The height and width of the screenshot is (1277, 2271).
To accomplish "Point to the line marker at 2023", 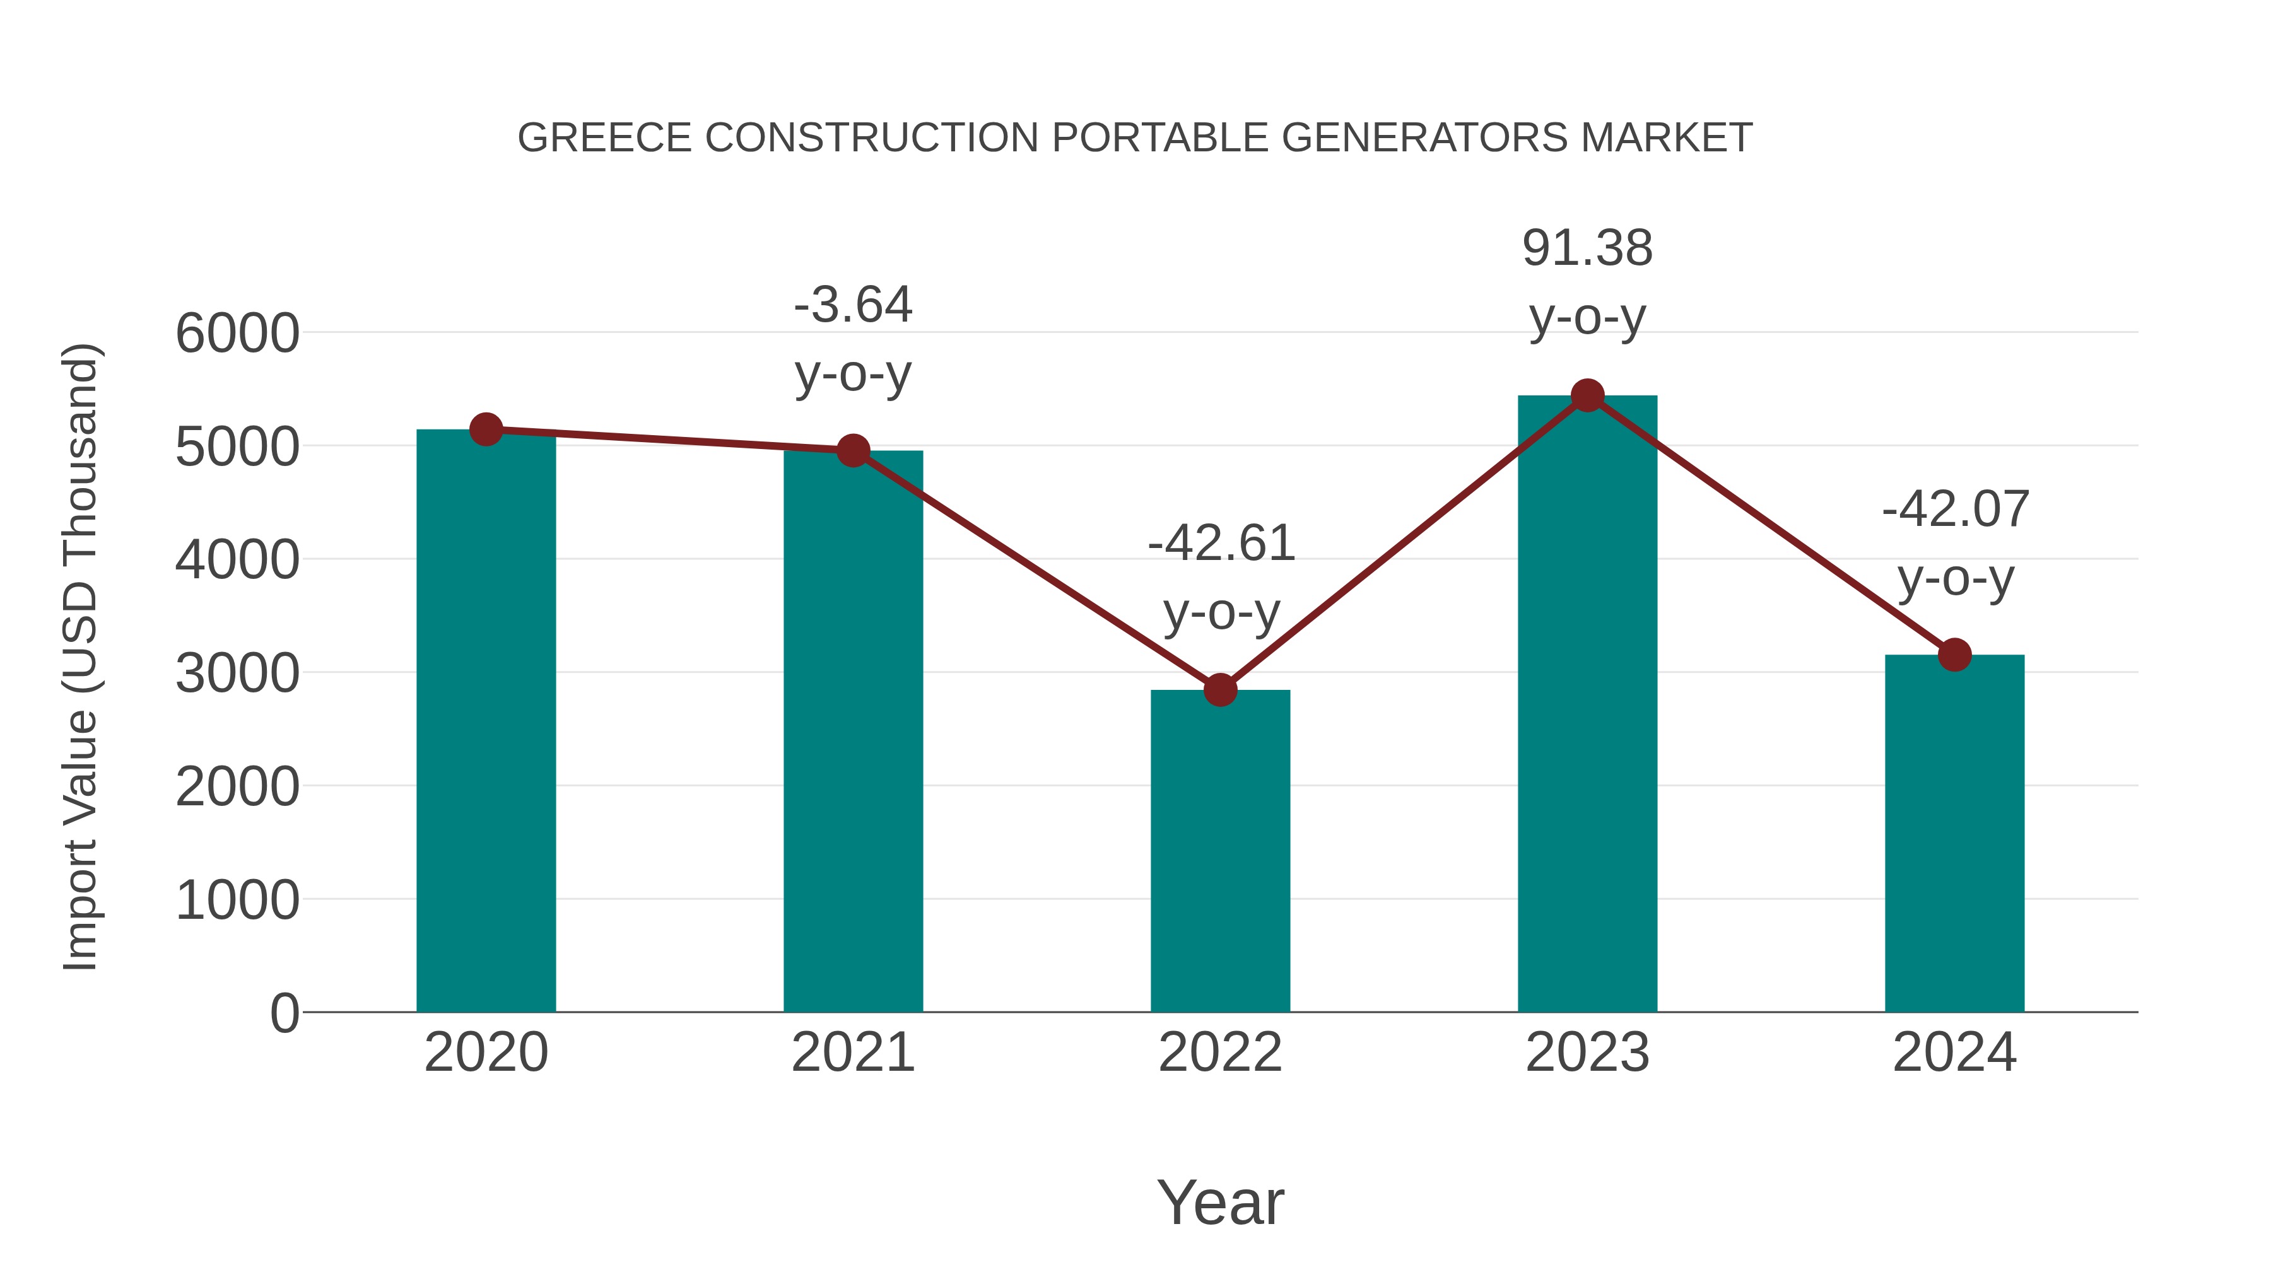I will pos(1587,395).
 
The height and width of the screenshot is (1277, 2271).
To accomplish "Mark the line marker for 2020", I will pos(486,429).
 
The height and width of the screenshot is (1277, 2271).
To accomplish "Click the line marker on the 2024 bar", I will pos(1954,655).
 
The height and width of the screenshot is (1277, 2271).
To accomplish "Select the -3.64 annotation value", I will pos(852,305).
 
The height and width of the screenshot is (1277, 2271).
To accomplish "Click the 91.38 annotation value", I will pos(1587,248).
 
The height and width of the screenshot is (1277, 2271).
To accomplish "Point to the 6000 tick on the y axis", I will pos(237,334).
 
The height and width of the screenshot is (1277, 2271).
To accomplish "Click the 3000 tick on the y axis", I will pos(237,674).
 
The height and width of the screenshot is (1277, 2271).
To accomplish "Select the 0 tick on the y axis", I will pos(284,1013).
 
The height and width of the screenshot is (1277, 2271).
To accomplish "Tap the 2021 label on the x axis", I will pos(852,1053).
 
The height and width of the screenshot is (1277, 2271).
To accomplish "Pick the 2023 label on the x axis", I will pos(1587,1053).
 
